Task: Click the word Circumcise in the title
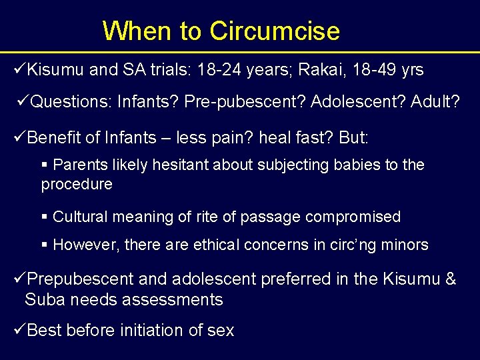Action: click(x=274, y=31)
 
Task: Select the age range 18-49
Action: click(x=374, y=70)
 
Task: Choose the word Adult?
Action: click(x=435, y=102)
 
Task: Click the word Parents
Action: click(x=80, y=165)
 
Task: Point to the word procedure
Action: click(x=77, y=184)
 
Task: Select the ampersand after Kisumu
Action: click(x=451, y=279)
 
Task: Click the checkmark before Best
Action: click(x=20, y=329)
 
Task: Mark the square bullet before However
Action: click(x=45, y=245)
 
